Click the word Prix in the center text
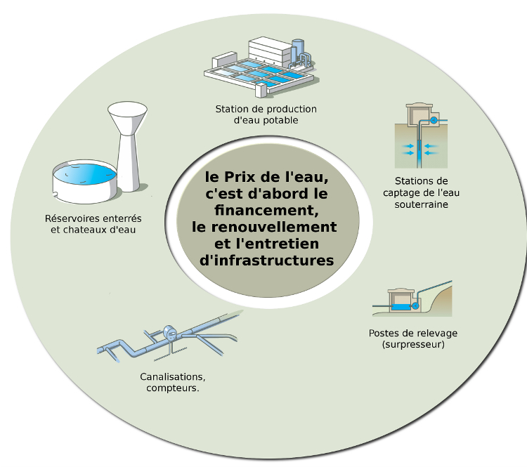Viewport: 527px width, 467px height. click(x=240, y=177)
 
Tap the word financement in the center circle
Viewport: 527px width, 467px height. click(x=266, y=210)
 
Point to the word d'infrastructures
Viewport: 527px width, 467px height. click(x=266, y=261)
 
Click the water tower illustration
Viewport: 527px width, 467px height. click(x=128, y=146)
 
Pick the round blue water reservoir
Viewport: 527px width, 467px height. click(x=85, y=181)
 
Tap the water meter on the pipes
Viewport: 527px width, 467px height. click(x=170, y=332)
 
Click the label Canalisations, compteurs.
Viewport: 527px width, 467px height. click(x=173, y=382)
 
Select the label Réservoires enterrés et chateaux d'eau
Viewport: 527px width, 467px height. click(x=93, y=224)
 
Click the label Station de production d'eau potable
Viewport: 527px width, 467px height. click(x=266, y=114)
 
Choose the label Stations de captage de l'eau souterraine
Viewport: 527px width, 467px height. click(x=421, y=193)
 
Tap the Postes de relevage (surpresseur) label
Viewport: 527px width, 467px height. click(x=413, y=338)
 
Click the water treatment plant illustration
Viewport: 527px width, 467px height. click(x=261, y=67)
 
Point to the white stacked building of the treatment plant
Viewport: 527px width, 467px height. click(x=270, y=52)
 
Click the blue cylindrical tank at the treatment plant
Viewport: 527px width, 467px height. click(x=298, y=51)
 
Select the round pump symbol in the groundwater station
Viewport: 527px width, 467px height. click(x=434, y=120)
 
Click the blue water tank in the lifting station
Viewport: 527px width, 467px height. click(x=401, y=306)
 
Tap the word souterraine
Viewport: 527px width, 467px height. click(x=421, y=204)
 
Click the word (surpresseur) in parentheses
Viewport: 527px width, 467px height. click(x=413, y=345)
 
